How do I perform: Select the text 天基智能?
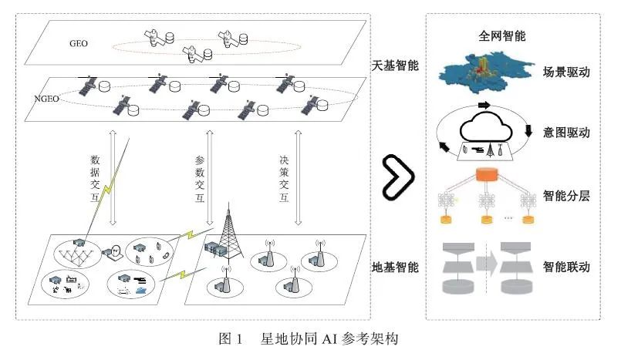[395, 66]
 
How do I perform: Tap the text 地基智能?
[395, 267]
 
